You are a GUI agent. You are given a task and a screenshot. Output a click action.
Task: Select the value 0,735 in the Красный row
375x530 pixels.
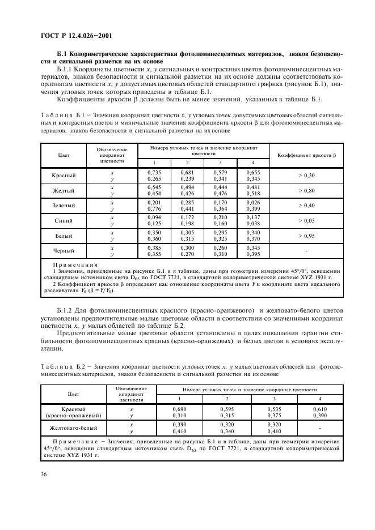tap(155, 172)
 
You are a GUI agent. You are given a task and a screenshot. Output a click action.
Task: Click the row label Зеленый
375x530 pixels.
tap(63, 206)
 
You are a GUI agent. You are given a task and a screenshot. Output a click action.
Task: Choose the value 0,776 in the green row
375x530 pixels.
tap(155, 210)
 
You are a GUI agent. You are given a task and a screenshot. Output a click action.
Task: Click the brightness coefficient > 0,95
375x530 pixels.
tap(306, 236)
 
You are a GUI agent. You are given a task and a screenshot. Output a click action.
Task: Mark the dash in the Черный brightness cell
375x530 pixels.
tap(306, 251)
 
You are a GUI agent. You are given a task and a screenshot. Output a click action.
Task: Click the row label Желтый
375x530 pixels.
tap(63, 191)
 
